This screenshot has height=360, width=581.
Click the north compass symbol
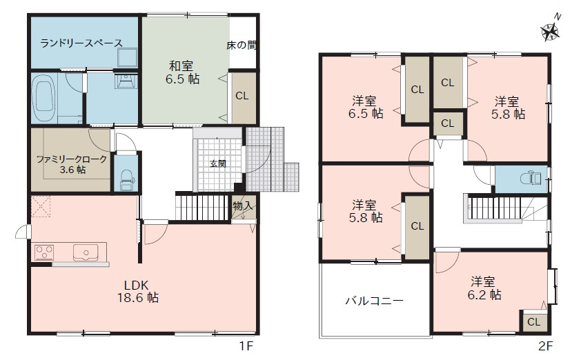(550, 30)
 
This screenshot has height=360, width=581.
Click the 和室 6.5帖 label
(182, 72)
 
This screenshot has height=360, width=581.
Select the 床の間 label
(242, 46)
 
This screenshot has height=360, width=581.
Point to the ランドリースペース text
(81, 43)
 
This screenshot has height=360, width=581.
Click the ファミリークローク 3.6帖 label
(72, 164)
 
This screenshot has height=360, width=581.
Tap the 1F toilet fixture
(127, 179)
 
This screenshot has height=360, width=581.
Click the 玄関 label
(218, 163)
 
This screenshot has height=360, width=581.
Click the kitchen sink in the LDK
(86, 252)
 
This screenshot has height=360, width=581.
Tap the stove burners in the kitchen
(44, 252)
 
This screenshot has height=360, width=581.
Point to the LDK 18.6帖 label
(138, 292)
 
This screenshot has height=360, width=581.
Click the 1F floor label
(246, 346)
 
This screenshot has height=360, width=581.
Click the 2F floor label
(545, 346)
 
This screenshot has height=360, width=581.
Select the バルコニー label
(374, 301)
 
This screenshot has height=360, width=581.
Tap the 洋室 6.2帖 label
(484, 288)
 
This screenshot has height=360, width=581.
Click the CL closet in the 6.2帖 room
(534, 322)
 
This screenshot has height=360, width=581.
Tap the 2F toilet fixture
(531, 179)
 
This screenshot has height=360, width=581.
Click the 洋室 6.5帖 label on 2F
(365, 107)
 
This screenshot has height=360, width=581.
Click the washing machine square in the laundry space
(127, 58)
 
